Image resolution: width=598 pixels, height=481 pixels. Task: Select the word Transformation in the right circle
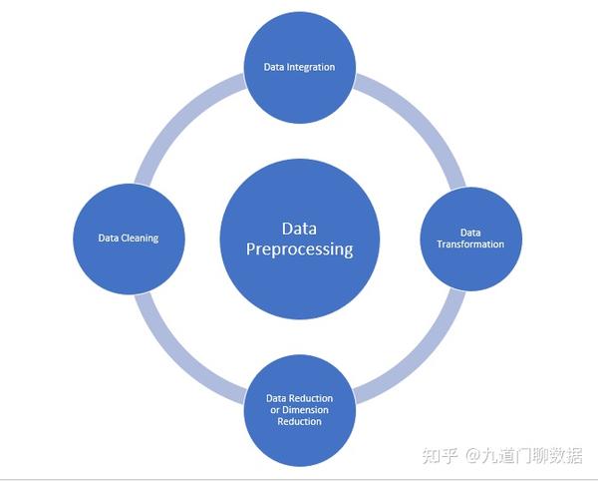pyautogui.click(x=470, y=243)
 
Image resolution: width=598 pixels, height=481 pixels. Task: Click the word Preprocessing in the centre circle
pyautogui.click(x=299, y=249)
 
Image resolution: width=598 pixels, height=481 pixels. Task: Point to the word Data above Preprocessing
pyautogui.click(x=299, y=228)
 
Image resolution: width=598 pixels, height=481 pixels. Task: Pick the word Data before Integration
pyautogui.click(x=273, y=67)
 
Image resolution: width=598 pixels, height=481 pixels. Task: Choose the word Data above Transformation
pyautogui.click(x=470, y=232)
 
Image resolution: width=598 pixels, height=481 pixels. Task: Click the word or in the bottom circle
pyautogui.click(x=275, y=410)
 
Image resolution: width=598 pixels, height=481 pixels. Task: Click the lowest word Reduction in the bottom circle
pyautogui.click(x=299, y=421)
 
